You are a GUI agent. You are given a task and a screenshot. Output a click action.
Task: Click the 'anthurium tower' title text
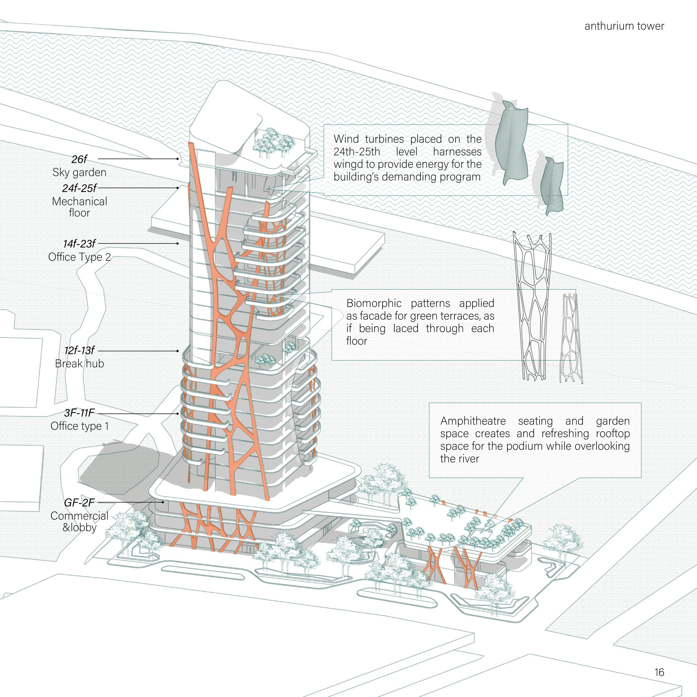click(624, 26)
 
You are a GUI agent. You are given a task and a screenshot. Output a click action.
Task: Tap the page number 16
click(659, 672)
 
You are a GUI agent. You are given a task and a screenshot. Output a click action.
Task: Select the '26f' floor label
click(79, 159)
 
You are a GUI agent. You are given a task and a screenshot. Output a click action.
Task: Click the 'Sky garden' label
click(79, 172)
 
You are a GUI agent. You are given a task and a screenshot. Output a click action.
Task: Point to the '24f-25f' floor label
click(79, 188)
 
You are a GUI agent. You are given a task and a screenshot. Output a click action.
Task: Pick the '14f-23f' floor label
click(79, 244)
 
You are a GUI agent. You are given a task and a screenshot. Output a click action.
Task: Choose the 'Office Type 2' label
click(79, 257)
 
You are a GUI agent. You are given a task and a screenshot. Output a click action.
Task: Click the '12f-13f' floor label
click(79, 350)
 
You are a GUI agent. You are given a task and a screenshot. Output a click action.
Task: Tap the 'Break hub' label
click(79, 363)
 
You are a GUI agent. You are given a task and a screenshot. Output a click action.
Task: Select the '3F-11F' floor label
click(79, 413)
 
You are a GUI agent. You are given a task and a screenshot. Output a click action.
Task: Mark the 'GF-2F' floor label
click(79, 502)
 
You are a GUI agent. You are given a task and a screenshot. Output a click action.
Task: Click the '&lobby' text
click(79, 527)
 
